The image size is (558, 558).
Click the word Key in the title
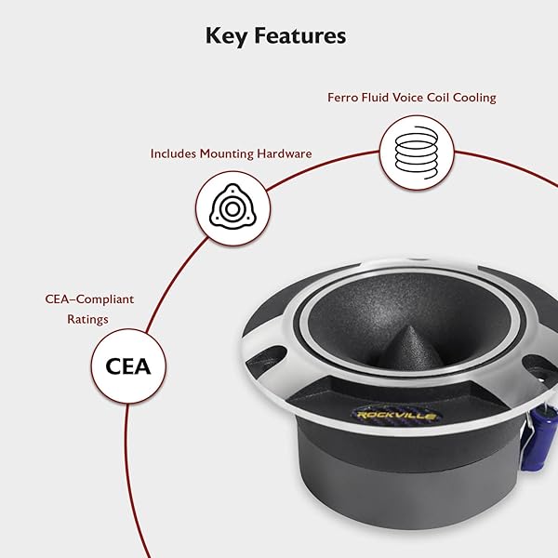pyautogui.click(x=226, y=36)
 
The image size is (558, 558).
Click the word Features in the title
pyautogui.click(x=300, y=35)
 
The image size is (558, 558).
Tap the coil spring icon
pyautogui.click(x=417, y=153)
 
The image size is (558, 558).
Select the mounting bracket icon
pyautogui.click(x=232, y=207)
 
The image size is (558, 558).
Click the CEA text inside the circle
pyautogui.click(x=128, y=366)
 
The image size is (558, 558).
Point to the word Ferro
pyautogui.click(x=342, y=98)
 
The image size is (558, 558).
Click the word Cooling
pyautogui.click(x=474, y=98)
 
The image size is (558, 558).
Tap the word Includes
pyautogui.click(x=173, y=153)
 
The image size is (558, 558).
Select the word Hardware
pyautogui.click(x=285, y=153)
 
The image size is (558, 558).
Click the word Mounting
pyautogui.click(x=227, y=154)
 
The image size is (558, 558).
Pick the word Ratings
pyautogui.click(x=88, y=319)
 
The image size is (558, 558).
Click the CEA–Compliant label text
pyautogui.click(x=89, y=299)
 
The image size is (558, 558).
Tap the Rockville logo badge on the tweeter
pyautogui.click(x=396, y=415)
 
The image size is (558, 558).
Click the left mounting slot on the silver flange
pyautogui.click(x=266, y=359)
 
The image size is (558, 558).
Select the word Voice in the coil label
pyautogui.click(x=407, y=98)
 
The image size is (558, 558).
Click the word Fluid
pyautogui.click(x=375, y=98)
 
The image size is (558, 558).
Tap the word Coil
pyautogui.click(x=438, y=98)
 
